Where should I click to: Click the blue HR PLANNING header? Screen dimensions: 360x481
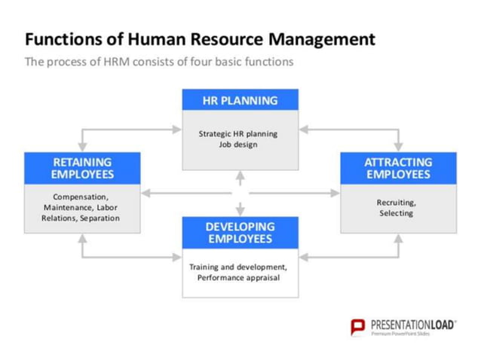240,100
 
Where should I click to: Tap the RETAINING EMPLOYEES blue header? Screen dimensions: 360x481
82,168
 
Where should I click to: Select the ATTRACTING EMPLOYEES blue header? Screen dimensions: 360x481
397,168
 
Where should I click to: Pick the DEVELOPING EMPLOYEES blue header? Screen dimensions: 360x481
240,232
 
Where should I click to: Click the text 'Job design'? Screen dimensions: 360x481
239,145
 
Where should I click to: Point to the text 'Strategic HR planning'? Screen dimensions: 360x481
238,134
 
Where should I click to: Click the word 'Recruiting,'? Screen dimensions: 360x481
396,203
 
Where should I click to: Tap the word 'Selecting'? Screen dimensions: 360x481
396,214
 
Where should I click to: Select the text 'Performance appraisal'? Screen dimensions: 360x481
238,278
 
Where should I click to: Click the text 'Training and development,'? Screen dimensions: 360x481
238,267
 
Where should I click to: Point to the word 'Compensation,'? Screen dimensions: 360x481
81,197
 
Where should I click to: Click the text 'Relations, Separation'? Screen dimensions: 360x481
81,218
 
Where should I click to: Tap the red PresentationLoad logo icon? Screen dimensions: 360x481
357,328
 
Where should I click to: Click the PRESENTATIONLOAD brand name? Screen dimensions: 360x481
413,325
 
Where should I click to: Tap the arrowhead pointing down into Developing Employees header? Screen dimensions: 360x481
240,212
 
